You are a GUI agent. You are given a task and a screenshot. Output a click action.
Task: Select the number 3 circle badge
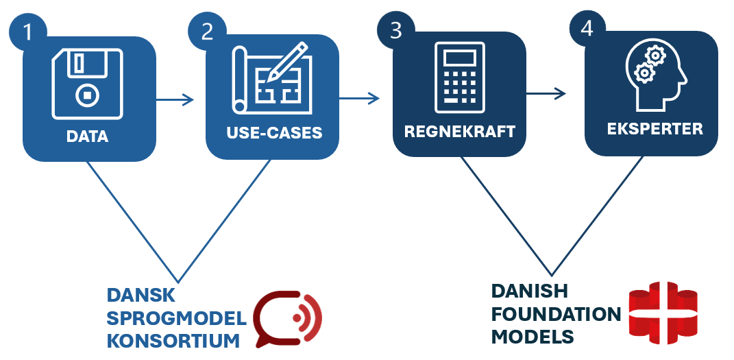tap(395, 29)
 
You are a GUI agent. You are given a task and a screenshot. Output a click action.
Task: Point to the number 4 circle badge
tap(587, 29)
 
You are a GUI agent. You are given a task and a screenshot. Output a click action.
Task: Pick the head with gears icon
tap(652, 75)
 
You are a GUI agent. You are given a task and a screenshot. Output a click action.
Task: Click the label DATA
tap(87, 136)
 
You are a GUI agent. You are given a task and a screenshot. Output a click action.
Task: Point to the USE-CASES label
tap(274, 132)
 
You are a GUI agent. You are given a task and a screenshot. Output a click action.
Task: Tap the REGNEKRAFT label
tap(459, 132)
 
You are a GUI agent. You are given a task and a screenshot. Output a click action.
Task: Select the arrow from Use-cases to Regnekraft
tap(359, 99)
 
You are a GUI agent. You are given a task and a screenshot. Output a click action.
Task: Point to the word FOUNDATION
tap(556, 314)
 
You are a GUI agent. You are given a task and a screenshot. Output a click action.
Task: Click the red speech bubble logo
tap(287, 320)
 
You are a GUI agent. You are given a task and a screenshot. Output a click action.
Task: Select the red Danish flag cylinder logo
tap(662, 313)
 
